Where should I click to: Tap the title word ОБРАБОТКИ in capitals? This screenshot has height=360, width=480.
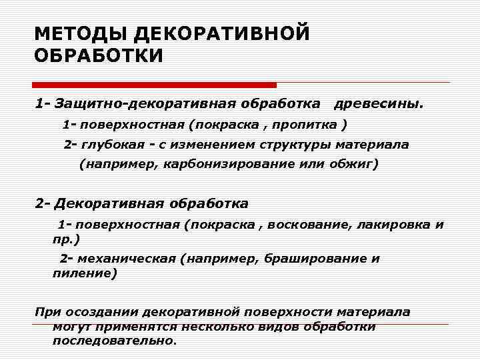(x=98, y=55)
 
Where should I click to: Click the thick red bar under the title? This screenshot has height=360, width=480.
(x=155, y=85)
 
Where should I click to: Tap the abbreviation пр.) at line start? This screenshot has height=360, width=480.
(x=66, y=238)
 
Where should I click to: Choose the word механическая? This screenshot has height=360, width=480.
(x=127, y=259)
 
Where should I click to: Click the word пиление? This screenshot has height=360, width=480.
(x=84, y=273)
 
